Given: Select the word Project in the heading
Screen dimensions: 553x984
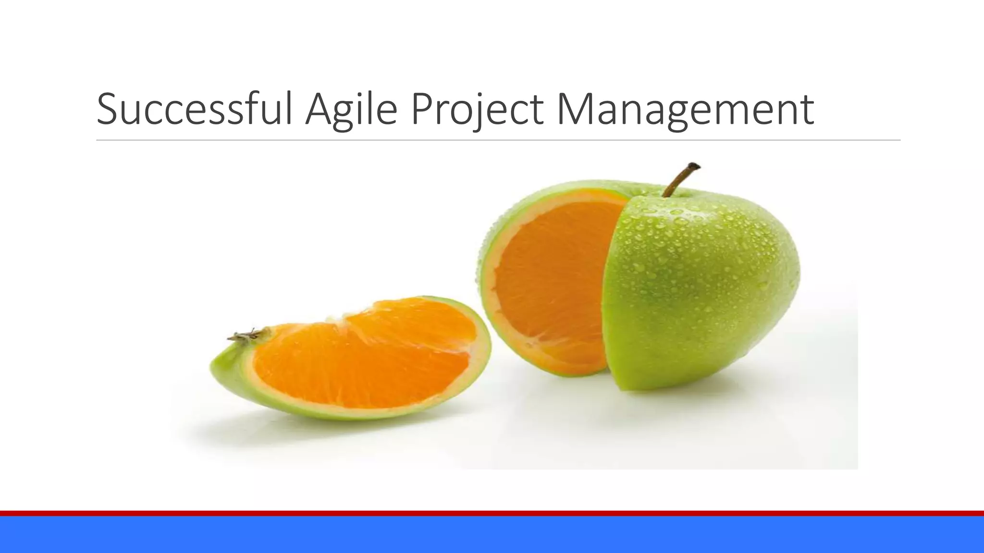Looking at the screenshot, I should pyautogui.click(x=477, y=110).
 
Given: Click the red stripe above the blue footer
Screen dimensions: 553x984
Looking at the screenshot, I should pyautogui.click(x=492, y=513).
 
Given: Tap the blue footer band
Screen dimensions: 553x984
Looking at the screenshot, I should pyautogui.click(x=492, y=535).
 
